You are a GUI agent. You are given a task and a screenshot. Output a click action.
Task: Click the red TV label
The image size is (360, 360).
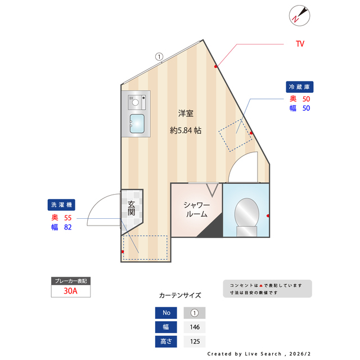coord(300,43)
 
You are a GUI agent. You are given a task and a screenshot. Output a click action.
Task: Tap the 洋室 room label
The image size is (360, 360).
coord(186,113)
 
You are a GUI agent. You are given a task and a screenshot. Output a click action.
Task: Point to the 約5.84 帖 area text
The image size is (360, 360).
coord(186,130)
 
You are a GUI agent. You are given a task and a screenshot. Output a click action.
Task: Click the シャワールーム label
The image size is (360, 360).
coord(196,209)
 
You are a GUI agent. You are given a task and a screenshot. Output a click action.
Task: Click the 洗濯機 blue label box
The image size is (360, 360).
coord(62,205)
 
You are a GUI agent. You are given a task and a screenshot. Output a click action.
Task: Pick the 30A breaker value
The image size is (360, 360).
coord(70,291)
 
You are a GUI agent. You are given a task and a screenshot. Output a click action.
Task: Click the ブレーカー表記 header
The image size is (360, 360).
coord(70,281)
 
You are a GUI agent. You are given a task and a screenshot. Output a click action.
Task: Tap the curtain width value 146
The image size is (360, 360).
coord(195,327)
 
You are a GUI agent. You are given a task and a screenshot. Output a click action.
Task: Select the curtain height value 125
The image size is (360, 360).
coord(195,341)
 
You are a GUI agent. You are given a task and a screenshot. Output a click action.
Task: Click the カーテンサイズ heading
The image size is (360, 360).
coord(180,295)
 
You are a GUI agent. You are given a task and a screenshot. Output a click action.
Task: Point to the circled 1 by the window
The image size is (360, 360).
coord(159,56)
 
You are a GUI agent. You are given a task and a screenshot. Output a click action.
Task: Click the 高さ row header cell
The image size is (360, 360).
coord(166,341)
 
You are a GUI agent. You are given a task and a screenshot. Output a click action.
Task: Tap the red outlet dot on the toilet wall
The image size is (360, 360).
coord(268,216)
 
